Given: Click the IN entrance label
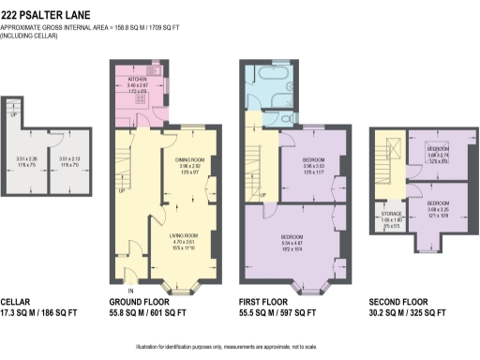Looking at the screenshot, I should pyautogui.click(x=130, y=291).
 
